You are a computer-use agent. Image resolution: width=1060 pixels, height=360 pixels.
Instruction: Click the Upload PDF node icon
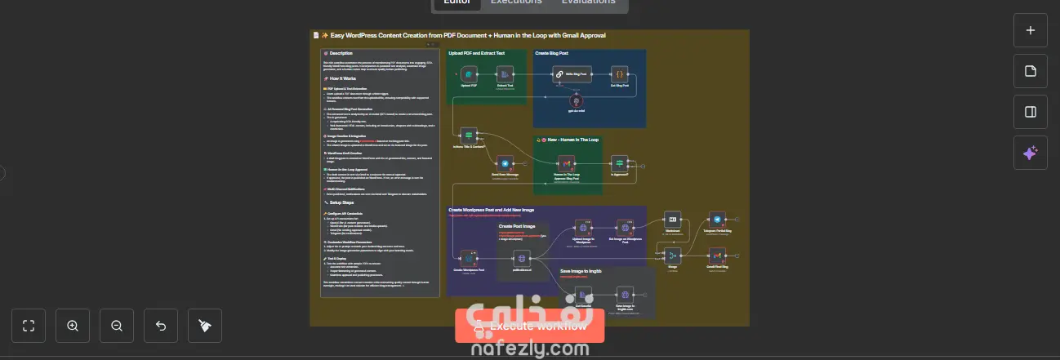coord(469,74)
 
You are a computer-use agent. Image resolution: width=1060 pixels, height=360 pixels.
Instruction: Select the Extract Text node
coord(505,74)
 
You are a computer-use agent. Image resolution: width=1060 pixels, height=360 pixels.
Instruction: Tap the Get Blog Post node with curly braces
coord(619,74)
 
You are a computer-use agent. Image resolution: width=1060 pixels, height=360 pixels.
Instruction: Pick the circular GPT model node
coord(578,102)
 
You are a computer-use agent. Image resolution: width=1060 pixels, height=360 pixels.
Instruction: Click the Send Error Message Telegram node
coord(505,164)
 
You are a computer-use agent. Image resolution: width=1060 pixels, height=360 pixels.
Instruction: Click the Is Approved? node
coord(619,164)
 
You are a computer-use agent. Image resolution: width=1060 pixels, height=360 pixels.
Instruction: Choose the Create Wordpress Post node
coord(469,257)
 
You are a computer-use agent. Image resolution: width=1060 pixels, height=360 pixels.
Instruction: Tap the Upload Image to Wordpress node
coord(583,228)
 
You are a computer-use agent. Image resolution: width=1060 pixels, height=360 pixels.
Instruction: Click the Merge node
coord(673,256)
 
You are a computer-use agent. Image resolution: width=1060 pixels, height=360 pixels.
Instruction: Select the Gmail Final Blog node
coord(716,256)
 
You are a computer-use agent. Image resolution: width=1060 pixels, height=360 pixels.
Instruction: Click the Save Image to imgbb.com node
coord(625,295)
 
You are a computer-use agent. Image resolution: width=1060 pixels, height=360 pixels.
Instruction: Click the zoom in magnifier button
coord(73,326)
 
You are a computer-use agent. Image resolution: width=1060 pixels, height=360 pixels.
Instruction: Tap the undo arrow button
coord(161,326)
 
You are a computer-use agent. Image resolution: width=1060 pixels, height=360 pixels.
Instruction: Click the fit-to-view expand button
coord(29,326)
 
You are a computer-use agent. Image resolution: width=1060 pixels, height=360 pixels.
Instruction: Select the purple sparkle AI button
coord(1030,153)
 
